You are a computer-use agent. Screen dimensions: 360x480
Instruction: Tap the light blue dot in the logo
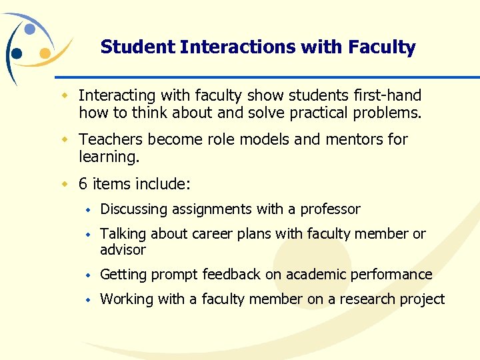[x=29, y=29]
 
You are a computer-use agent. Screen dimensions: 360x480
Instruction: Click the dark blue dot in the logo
[x=17, y=53]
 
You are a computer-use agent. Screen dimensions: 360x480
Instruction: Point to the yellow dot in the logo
[x=45, y=53]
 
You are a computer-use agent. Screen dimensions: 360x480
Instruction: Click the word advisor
[x=123, y=250]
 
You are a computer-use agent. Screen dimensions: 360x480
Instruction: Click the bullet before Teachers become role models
[x=65, y=140]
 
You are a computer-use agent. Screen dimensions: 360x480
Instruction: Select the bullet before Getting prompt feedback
[x=87, y=275]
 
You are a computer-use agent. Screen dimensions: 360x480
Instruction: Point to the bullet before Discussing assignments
[x=87, y=210]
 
